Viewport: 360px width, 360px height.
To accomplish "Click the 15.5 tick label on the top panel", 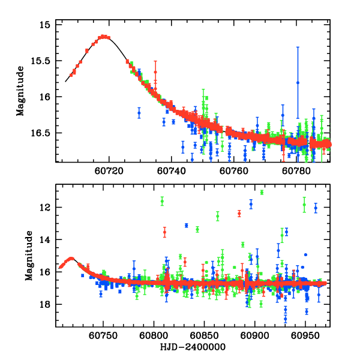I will point(41,61).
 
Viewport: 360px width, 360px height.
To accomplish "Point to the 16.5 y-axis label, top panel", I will point(41,133).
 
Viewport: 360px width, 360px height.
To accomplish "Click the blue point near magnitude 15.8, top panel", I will point(298,83).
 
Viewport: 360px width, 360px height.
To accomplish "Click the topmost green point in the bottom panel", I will point(262,192).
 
